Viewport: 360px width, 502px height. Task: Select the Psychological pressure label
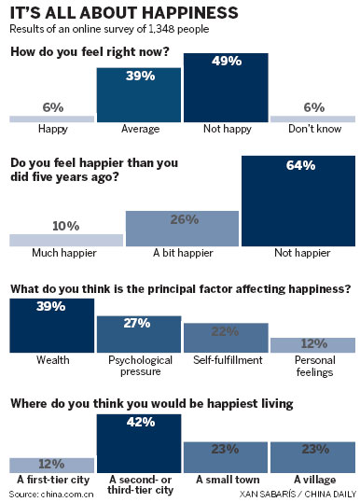138,363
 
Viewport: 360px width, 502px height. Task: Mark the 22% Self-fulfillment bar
225,338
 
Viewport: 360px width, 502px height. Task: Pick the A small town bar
225,456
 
